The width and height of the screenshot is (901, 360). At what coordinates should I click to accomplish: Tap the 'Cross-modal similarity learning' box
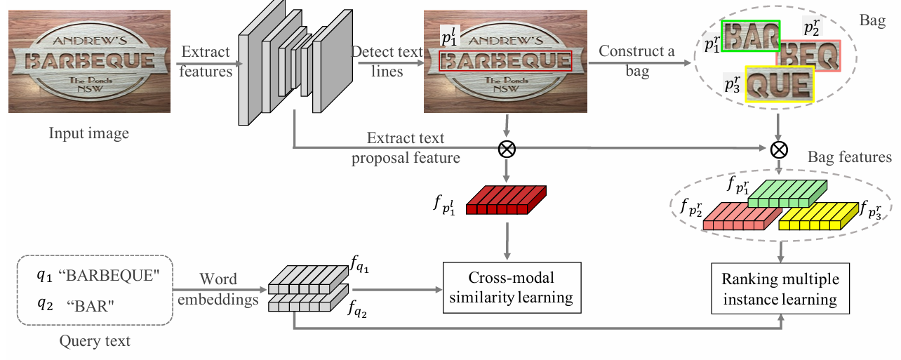512,288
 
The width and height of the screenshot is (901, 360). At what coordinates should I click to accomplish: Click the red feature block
505,200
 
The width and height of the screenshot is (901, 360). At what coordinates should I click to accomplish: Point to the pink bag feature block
742,216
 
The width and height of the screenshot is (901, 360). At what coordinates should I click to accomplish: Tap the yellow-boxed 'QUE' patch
779,84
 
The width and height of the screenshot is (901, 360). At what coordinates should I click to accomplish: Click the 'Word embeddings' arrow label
219,288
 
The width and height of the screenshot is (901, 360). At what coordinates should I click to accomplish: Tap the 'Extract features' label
206,61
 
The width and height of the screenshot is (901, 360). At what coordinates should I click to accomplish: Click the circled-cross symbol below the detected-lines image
505,148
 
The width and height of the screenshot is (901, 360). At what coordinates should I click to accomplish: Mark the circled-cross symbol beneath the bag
779,148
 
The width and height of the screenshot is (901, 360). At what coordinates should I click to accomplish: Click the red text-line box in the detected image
505,62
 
